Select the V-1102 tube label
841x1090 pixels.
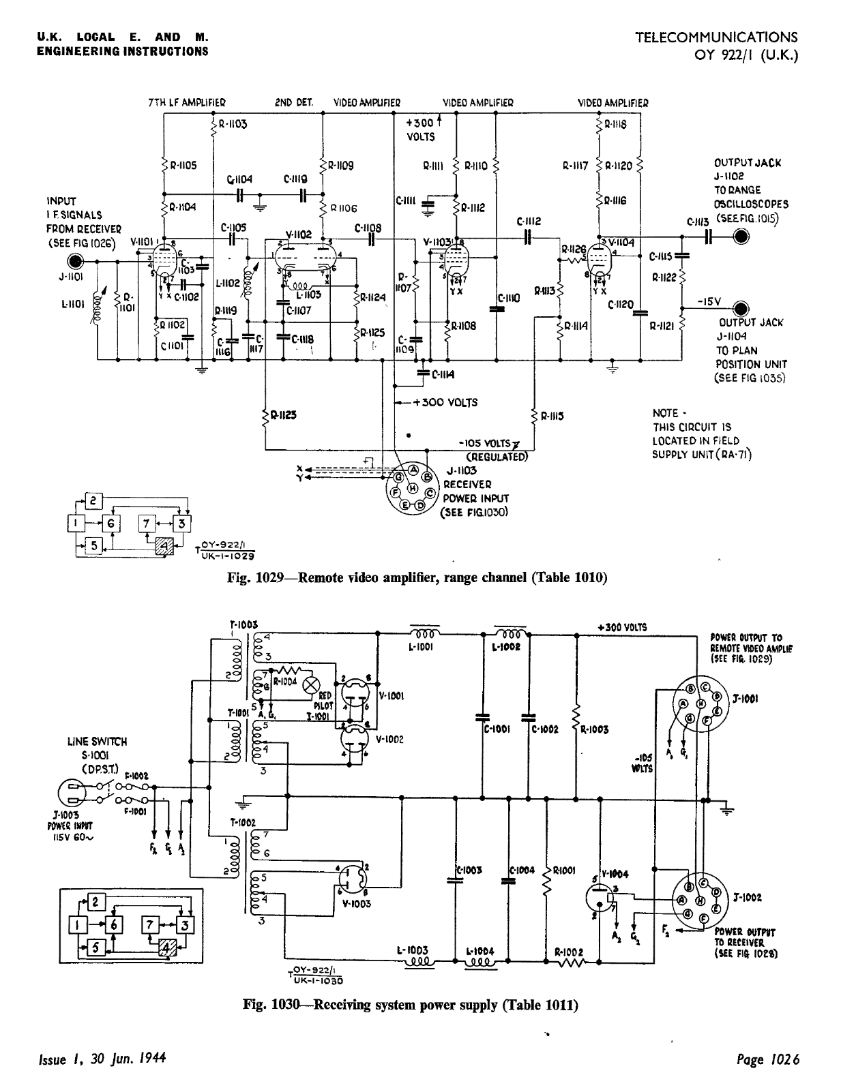coord(299,234)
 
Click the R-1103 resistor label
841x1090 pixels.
coord(233,125)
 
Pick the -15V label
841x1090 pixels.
coord(709,301)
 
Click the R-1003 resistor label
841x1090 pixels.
coord(595,729)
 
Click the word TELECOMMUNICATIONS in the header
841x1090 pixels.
coord(716,37)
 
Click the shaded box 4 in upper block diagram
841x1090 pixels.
coord(164,546)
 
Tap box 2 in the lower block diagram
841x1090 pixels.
coord(96,903)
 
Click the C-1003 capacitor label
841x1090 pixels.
coord(471,871)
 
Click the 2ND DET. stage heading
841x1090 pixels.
coord(294,103)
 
